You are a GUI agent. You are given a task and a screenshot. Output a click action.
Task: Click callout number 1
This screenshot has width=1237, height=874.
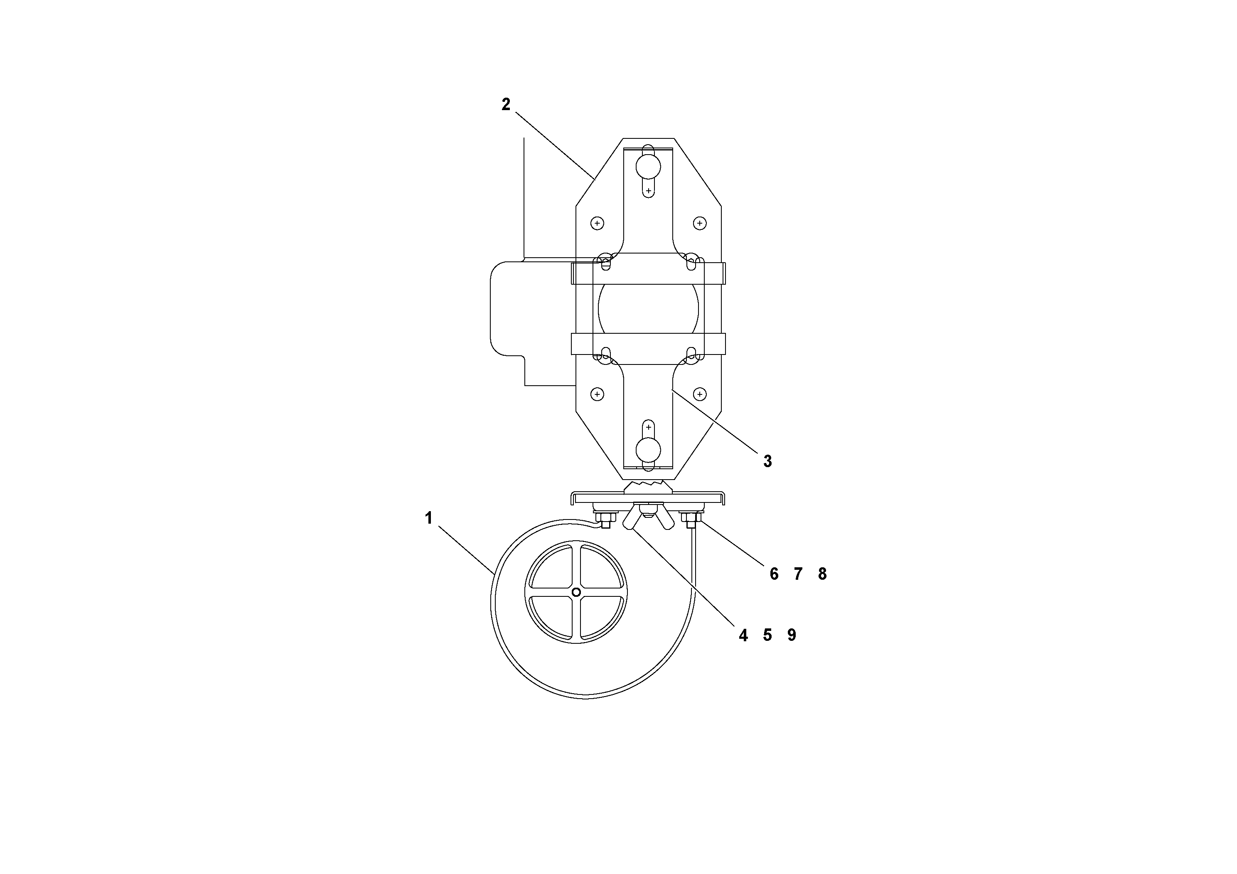click(428, 518)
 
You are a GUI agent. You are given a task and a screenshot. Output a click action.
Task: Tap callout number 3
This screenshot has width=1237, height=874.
click(767, 461)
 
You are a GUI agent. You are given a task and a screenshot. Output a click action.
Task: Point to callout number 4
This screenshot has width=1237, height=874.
click(743, 635)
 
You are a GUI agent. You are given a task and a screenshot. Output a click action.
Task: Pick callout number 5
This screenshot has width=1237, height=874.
click(767, 635)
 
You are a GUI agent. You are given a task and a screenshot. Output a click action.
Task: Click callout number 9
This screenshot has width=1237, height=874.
click(792, 635)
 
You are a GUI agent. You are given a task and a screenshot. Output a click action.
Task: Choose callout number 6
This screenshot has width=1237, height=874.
click(774, 574)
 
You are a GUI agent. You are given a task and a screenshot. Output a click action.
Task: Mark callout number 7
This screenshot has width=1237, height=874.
click(798, 574)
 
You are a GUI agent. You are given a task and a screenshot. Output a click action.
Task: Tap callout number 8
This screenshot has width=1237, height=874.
click(822, 574)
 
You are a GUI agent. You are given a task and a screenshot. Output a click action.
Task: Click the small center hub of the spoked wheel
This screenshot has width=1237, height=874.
click(576, 592)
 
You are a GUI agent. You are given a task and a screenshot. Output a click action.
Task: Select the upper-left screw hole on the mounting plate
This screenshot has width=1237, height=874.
click(597, 223)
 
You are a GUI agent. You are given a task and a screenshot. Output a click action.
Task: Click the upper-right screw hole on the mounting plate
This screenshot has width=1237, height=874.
click(699, 223)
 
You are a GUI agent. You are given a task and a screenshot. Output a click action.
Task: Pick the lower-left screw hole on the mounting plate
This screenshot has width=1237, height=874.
click(597, 394)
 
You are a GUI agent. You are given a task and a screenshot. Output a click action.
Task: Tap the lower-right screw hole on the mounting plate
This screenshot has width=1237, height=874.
click(699, 394)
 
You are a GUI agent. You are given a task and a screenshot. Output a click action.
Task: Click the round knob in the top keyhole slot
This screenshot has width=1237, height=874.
click(648, 167)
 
